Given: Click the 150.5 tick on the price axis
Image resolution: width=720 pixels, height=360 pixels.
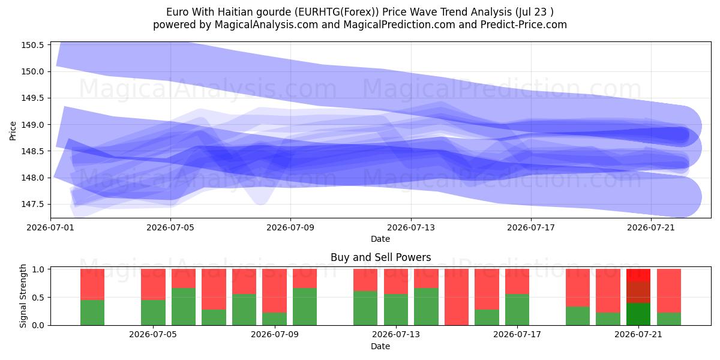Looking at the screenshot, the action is (32, 45).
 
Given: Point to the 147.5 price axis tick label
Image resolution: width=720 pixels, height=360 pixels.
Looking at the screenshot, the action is (32, 205).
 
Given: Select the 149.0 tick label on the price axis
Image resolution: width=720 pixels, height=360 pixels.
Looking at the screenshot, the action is (32, 125).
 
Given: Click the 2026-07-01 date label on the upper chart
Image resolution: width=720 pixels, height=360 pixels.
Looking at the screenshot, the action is (50, 227).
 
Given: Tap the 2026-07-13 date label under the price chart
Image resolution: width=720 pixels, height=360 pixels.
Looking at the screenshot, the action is (411, 227).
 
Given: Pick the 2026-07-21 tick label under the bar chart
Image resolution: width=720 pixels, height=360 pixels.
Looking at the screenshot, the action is (638, 335).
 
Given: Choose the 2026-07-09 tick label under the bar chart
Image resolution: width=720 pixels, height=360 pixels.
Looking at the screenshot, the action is (275, 335).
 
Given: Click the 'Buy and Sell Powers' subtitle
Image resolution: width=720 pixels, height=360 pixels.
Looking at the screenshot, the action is (380, 257).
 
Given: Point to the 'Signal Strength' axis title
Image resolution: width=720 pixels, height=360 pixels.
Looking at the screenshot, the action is (23, 296).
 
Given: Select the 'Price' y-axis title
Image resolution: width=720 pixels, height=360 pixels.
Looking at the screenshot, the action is (13, 131).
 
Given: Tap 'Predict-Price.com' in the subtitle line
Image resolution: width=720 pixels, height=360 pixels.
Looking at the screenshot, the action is (524, 25).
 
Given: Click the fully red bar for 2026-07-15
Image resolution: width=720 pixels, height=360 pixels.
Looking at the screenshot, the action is (457, 297).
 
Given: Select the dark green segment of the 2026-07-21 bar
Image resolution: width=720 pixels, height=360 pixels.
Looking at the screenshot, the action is (638, 314).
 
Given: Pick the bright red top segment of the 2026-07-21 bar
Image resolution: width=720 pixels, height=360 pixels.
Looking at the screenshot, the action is (638, 275).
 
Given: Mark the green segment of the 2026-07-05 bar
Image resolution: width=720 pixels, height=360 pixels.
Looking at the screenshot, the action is (154, 313).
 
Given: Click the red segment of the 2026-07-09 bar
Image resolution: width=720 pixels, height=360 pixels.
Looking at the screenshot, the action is (275, 291).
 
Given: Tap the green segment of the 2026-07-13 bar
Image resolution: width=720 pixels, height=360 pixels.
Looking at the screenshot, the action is (395, 310).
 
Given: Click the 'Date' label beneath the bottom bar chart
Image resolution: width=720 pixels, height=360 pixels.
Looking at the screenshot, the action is (380, 347).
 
